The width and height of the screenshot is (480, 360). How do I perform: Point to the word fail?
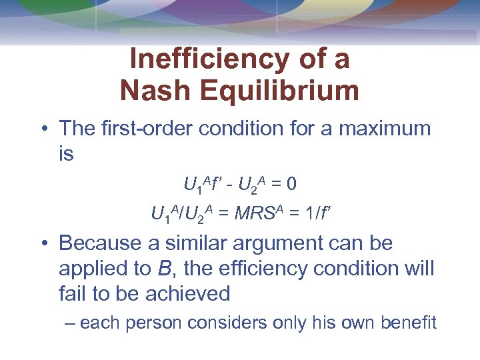[x=71, y=293]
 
